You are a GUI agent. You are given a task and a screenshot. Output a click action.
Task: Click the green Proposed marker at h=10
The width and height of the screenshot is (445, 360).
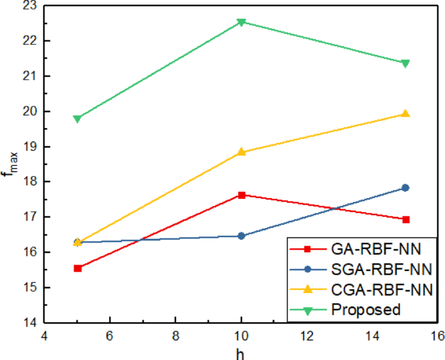tap(242, 22)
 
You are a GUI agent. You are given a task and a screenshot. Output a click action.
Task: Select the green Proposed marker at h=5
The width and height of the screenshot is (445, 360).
tap(77, 119)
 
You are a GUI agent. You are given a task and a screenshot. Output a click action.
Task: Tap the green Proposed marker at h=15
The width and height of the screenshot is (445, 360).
tap(405, 63)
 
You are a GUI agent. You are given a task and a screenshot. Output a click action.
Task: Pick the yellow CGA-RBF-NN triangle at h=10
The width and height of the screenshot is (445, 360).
tap(242, 151)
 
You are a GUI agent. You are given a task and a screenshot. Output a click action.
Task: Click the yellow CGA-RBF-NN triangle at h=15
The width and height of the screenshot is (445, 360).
tap(405, 114)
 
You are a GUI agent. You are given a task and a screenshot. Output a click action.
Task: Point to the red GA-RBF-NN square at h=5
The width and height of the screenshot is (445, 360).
tap(77, 268)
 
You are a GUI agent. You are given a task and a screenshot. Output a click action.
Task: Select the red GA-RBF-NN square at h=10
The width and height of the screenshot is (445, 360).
tap(242, 195)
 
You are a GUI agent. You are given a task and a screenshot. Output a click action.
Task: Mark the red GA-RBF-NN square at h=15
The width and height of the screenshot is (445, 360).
tap(405, 220)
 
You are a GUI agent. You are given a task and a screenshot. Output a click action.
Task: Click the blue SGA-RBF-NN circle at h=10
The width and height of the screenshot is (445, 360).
tap(242, 236)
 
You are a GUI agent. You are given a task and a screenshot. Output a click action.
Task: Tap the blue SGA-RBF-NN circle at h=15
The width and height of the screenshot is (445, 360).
tap(405, 188)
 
